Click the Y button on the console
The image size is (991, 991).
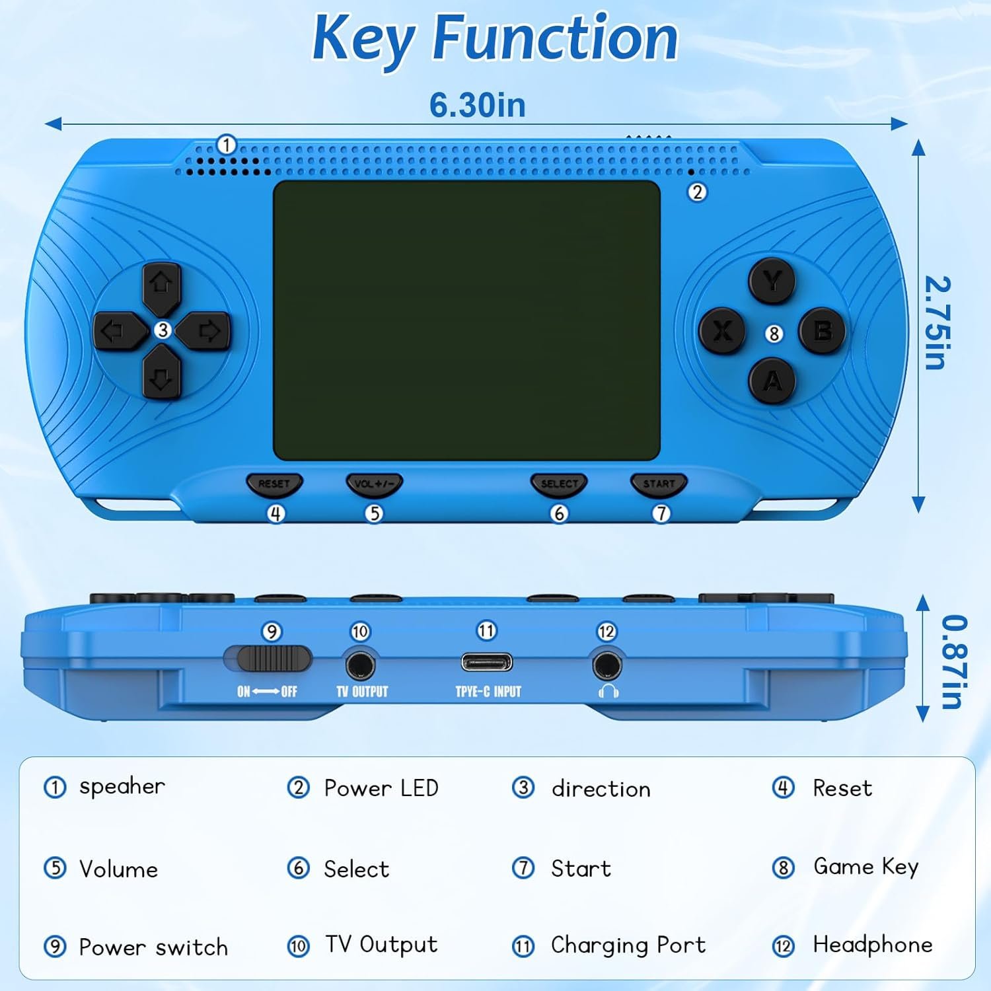click(x=772, y=281)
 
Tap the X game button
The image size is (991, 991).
click(x=723, y=330)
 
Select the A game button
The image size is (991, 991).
click(x=772, y=381)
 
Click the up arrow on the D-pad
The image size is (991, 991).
click(x=162, y=287)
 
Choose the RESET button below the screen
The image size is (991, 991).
click(x=274, y=484)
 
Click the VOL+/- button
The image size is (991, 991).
click(x=374, y=484)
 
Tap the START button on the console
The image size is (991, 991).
click(x=659, y=484)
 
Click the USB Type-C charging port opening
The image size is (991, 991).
click(x=487, y=662)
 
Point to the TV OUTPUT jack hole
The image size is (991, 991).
click(x=360, y=665)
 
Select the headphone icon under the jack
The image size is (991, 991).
click(x=608, y=691)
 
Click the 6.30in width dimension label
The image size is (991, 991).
click(x=478, y=104)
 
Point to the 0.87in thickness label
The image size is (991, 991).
click(x=953, y=662)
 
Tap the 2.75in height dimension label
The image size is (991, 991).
click(x=937, y=323)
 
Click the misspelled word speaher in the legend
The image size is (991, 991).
click(x=122, y=787)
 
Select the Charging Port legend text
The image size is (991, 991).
click(x=628, y=945)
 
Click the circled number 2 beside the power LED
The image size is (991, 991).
click(x=697, y=192)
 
